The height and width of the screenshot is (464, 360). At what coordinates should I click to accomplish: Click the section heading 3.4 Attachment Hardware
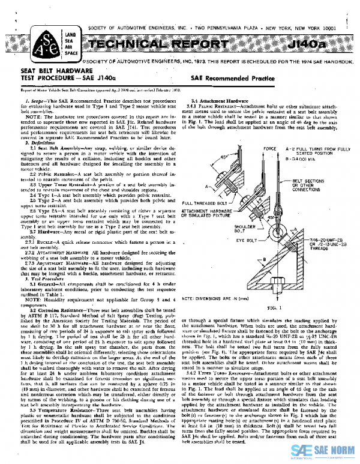(x=215, y=100)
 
